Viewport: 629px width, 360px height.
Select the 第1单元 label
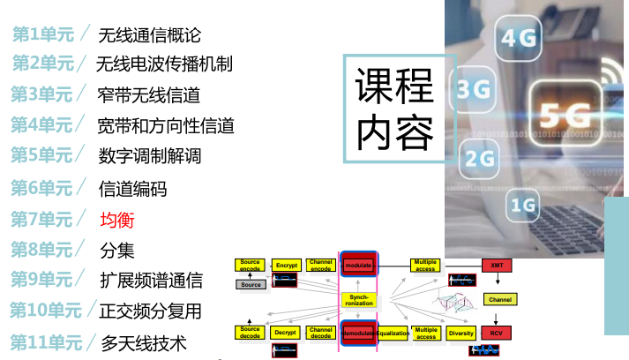click(x=42, y=34)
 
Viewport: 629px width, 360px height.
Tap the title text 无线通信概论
click(x=150, y=35)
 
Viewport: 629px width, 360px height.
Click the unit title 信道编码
click(x=132, y=189)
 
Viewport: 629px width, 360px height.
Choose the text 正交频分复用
click(x=151, y=311)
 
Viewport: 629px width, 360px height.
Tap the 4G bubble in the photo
click(x=520, y=39)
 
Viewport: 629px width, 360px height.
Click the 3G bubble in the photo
click(x=475, y=89)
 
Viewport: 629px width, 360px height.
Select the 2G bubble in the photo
click(x=479, y=158)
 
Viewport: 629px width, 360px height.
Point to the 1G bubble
click(x=524, y=206)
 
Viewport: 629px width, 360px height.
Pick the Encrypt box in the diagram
click(x=286, y=265)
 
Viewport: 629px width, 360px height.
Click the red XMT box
click(x=498, y=265)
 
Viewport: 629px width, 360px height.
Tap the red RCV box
click(x=498, y=333)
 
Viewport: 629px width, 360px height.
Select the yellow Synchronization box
click(x=359, y=299)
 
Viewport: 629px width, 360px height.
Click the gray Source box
click(x=251, y=284)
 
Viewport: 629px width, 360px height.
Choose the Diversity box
click(x=461, y=333)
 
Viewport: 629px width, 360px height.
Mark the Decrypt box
click(x=285, y=333)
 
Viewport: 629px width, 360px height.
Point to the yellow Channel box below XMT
click(x=499, y=299)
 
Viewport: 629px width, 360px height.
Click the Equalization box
click(x=393, y=333)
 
